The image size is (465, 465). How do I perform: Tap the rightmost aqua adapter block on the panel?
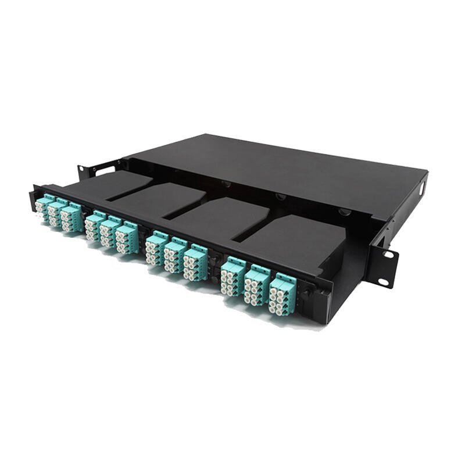pyautogui.click(x=282, y=296)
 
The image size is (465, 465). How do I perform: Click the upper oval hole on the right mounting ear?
pyautogui.click(x=388, y=254)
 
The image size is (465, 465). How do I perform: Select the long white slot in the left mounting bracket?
pyautogui.click(x=105, y=171)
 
